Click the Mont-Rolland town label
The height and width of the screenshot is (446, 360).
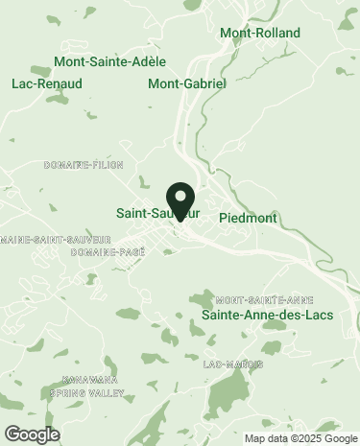(x=259, y=34)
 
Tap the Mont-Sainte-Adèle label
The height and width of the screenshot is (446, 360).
(x=109, y=62)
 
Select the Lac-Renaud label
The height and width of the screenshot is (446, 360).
(x=46, y=83)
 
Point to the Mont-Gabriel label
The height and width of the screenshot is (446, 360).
(x=186, y=83)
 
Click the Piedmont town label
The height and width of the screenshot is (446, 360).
(x=248, y=218)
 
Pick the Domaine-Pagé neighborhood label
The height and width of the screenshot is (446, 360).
(x=108, y=252)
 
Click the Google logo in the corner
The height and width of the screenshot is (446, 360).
(x=32, y=434)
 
